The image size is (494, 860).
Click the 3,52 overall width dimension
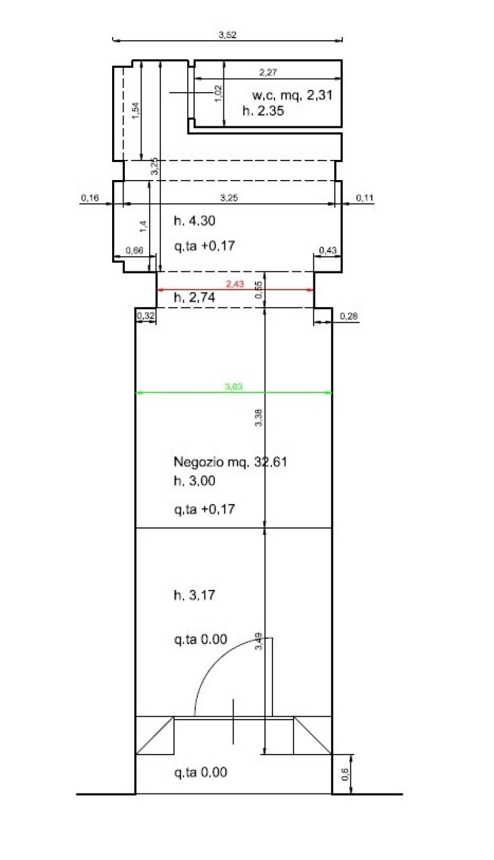228,34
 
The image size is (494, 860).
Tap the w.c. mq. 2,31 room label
292,95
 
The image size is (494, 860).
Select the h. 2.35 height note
263,111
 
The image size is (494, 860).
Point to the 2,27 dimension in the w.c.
268,72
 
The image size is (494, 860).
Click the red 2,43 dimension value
235,284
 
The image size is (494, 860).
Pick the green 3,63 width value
234,386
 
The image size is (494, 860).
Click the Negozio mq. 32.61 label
230,462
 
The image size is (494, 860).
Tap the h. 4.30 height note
195,221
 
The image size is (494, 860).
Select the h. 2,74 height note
195,298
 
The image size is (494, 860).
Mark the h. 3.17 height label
195,595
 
